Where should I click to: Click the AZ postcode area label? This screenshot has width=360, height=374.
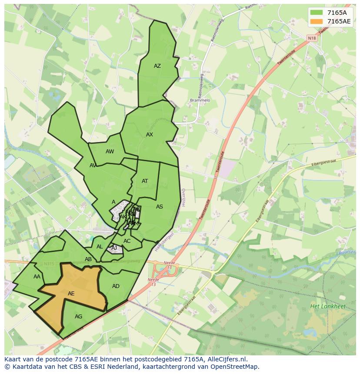click(157, 66)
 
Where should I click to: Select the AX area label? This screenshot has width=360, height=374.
click(150, 135)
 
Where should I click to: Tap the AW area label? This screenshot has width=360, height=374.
click(110, 152)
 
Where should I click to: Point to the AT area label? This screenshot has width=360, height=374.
click(145, 181)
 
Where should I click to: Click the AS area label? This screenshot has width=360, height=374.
click(160, 207)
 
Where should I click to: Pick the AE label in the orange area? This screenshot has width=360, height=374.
click(71, 294)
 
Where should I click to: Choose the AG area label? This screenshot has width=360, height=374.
click(78, 317)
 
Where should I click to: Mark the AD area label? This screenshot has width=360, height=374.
click(116, 286)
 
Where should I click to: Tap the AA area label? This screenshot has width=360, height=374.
click(37, 277)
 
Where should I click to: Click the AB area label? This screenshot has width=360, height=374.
click(88, 259)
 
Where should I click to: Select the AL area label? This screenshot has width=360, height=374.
click(100, 247)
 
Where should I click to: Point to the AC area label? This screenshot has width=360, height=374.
click(127, 241)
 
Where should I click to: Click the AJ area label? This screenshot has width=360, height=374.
click(114, 248)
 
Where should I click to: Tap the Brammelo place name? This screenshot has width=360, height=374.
click(200, 100)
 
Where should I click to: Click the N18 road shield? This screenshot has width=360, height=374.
click(312, 38)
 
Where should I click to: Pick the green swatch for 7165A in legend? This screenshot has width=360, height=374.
click(317, 13)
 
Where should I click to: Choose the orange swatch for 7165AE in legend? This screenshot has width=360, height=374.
click(317, 21)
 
